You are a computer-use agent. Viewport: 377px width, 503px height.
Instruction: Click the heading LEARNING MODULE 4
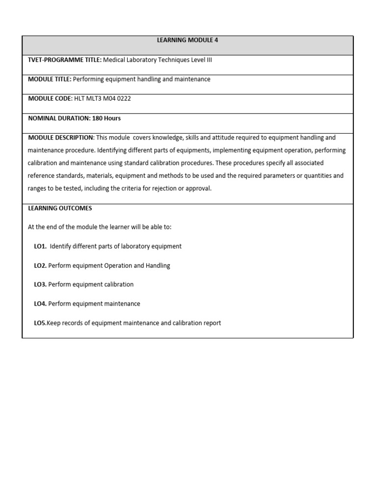pos(188,40)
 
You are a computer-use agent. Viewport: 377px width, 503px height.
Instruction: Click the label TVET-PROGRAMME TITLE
pos(64,60)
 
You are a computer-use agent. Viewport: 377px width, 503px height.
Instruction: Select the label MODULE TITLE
pos(50,79)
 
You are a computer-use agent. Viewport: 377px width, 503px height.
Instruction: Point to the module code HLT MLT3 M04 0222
pos(102,99)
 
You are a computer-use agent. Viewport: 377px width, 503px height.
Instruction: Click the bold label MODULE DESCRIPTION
pos(60,138)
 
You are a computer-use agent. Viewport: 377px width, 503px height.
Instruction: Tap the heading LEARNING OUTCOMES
pos(60,208)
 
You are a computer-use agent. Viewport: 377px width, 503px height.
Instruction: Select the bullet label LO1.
pos(40,246)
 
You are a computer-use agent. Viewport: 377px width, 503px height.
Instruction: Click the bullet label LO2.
pos(40,266)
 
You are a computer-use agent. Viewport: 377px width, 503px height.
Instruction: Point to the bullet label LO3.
pos(40,284)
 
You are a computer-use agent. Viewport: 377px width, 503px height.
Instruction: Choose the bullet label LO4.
pos(40,304)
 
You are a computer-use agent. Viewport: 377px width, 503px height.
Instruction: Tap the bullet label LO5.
pos(40,323)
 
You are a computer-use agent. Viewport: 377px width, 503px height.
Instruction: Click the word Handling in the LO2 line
pos(158,266)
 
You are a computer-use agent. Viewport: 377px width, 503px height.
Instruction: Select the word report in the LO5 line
pos(211,323)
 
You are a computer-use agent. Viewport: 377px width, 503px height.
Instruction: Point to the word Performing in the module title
pos(88,79)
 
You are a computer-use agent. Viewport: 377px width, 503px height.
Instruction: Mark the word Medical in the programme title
pos(114,60)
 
